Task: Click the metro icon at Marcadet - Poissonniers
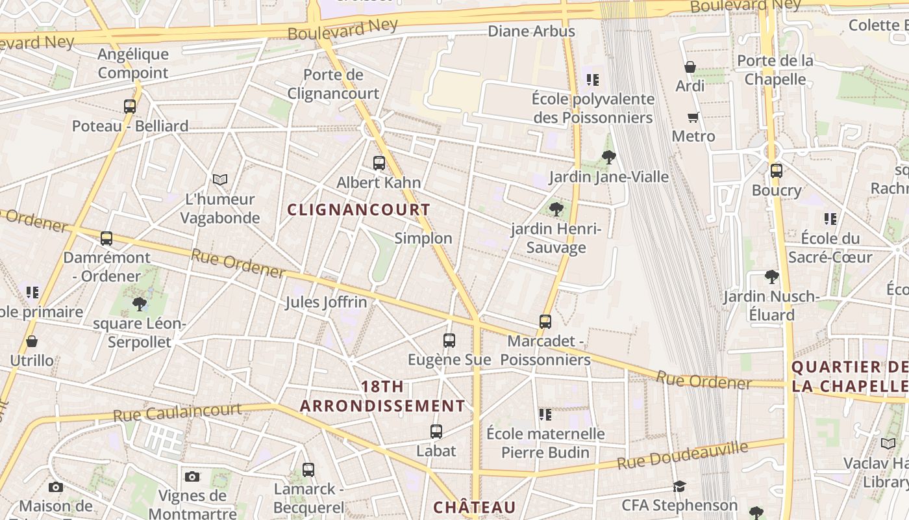(x=545, y=321)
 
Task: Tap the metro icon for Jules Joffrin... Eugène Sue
(x=449, y=340)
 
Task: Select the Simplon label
(x=423, y=238)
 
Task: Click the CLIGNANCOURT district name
(x=358, y=210)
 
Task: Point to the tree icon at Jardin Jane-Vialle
(x=608, y=157)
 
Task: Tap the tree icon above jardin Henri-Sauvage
(x=556, y=209)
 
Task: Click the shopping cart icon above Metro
(x=693, y=117)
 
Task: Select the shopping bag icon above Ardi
(x=690, y=67)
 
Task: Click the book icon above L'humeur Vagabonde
(x=220, y=179)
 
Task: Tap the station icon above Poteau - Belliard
(x=130, y=106)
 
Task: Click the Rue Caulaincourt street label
(x=177, y=412)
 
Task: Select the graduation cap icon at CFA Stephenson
(x=679, y=486)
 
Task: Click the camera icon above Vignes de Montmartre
(x=192, y=476)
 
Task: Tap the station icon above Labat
(x=436, y=431)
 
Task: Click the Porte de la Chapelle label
(x=775, y=70)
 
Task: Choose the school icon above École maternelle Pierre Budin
(x=545, y=414)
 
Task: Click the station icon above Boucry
(x=776, y=171)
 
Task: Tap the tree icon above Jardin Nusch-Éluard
(x=771, y=277)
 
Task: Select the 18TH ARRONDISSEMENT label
(x=382, y=396)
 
